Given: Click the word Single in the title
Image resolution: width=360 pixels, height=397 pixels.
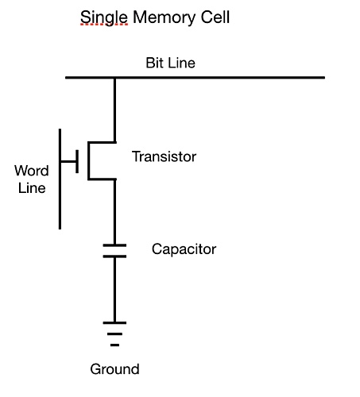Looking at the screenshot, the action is pos(104,17).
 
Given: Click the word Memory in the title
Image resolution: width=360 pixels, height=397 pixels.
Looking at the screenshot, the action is pos(165,17).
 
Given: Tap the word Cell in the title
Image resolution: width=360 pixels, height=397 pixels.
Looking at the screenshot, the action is pos(215,17).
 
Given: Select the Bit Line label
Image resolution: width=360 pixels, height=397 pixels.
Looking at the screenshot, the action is pos(170,63).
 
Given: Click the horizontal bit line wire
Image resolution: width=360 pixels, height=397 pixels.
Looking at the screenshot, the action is pos(195,78).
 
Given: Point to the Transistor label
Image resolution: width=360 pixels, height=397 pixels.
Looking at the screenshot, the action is pos(164,156).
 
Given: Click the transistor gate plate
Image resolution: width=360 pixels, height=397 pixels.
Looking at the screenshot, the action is pos(77,161).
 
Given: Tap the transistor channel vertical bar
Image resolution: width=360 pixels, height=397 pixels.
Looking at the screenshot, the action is pos(89,161).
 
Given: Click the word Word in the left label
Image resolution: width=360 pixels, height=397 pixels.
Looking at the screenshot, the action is pos(32,171).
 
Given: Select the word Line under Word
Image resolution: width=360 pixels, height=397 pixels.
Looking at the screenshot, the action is pos(32,188).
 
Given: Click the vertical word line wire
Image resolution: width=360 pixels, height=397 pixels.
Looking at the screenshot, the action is pos(60,179).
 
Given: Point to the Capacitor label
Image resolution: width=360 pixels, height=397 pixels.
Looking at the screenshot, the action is pos(184,249).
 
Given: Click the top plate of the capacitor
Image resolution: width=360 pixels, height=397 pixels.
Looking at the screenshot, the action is pos(114,245).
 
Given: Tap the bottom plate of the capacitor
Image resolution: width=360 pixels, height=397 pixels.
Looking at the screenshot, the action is pos(114,256).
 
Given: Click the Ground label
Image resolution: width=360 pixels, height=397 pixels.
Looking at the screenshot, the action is pos(114,369).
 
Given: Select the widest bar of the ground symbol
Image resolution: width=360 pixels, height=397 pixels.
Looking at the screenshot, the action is pos(114,322).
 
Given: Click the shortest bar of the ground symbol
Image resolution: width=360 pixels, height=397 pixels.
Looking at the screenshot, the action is pos(114,345).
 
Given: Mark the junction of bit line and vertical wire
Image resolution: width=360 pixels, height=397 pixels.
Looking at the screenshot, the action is pos(114,78).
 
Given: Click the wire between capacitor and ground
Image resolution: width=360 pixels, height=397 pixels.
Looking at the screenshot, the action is pos(114,289).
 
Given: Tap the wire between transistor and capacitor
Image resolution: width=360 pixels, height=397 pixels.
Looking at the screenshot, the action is pos(114,212).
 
